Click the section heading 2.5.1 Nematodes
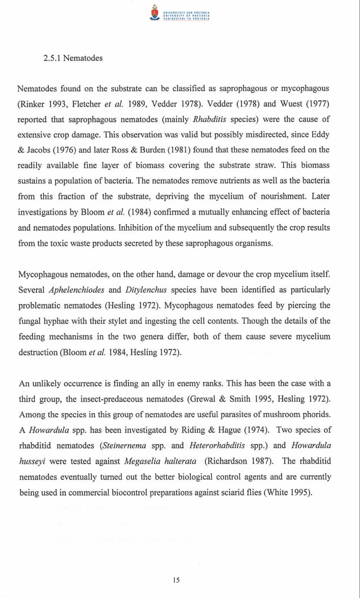click(73, 58)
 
